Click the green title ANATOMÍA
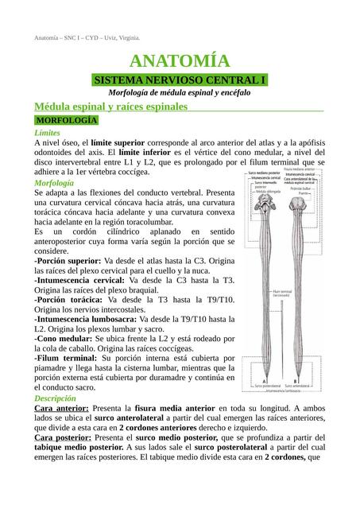pos(180,62)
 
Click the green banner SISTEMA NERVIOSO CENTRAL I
pos(179,80)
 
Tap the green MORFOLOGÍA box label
pos(66,120)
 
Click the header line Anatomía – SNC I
pos(87,38)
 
